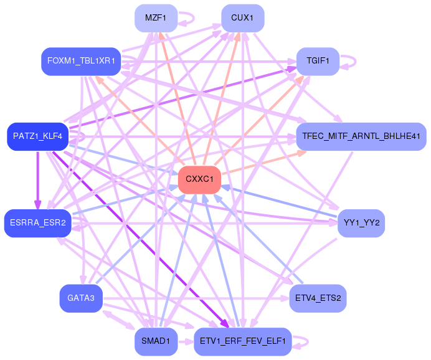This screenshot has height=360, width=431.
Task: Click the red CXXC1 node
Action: click(x=199, y=180)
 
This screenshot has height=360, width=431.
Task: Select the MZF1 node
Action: click(x=156, y=18)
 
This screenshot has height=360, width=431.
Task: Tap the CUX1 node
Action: click(x=243, y=18)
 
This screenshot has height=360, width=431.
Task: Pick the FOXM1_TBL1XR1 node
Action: click(x=81, y=61)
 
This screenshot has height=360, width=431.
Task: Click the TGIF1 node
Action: click(x=318, y=61)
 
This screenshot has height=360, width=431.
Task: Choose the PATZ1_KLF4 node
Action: click(x=37, y=136)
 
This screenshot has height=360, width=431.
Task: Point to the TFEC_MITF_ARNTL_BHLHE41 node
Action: click(x=361, y=136)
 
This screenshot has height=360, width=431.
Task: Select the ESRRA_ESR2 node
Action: click(x=37, y=223)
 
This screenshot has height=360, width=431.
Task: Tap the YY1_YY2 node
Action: click(x=361, y=223)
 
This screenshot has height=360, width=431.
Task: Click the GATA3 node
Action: click(x=81, y=298)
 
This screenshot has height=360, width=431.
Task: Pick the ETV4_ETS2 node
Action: click(x=318, y=298)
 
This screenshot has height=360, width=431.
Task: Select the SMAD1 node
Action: click(x=156, y=341)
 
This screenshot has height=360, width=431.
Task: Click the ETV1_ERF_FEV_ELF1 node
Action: click(x=243, y=341)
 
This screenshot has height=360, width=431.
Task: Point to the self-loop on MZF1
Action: click(x=194, y=18)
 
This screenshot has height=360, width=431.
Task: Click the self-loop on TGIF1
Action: click(x=356, y=61)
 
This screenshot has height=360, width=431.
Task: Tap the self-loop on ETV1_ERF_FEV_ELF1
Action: click(x=308, y=341)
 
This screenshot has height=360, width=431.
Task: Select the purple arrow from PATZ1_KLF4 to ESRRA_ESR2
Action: click(x=37, y=180)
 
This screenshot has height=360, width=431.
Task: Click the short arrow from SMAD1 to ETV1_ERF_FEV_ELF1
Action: click(x=186, y=342)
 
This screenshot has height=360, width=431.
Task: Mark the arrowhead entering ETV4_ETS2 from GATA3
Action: click(x=285, y=298)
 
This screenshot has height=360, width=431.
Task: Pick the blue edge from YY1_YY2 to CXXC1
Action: click(x=279, y=201)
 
